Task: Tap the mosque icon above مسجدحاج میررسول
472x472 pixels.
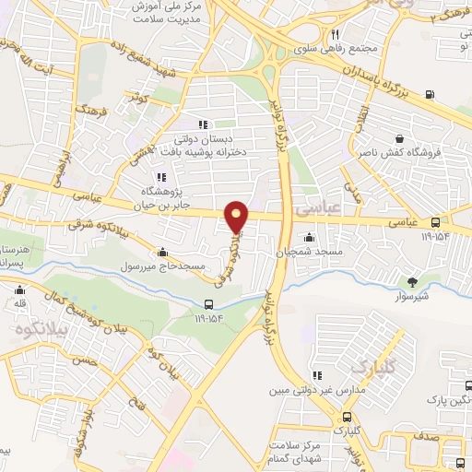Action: tap(163, 252)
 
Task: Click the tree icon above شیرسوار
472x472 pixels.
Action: tap(412, 282)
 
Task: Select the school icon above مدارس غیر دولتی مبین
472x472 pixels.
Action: tap(317, 376)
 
